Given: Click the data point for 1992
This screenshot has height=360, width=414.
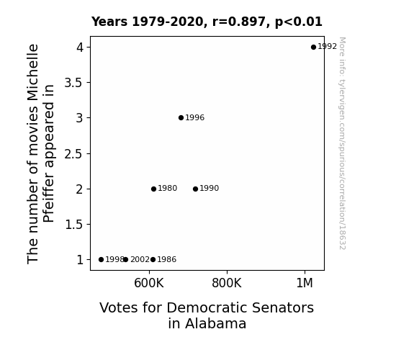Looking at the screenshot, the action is [x=313, y=48].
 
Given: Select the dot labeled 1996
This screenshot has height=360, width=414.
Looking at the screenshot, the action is [x=181, y=118].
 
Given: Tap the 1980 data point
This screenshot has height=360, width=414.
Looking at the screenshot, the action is [x=153, y=189].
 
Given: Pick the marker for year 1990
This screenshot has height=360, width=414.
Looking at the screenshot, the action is [x=195, y=189].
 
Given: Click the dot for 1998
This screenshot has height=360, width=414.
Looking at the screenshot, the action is [x=101, y=260].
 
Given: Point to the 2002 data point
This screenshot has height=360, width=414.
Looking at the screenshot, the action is [x=126, y=260].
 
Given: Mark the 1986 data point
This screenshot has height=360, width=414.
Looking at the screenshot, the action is [x=153, y=260].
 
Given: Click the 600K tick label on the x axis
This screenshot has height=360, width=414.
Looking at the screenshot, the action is [x=149, y=283].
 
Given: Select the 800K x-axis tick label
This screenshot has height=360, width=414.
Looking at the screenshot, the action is [x=227, y=283].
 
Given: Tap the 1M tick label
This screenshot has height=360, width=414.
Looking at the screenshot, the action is [x=305, y=283].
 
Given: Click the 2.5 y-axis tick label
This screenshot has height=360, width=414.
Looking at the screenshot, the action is [x=73, y=153].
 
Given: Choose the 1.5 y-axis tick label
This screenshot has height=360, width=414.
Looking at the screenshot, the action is [x=73, y=225].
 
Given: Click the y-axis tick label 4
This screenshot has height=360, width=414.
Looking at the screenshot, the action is [x=80, y=48].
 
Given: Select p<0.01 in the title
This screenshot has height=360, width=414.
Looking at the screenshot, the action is [x=299, y=22].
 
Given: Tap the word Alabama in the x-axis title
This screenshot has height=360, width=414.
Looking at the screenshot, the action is [x=215, y=323].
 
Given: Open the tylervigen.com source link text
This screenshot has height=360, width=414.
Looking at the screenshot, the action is [x=342, y=143].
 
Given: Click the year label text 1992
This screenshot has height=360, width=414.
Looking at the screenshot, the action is [x=328, y=47].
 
